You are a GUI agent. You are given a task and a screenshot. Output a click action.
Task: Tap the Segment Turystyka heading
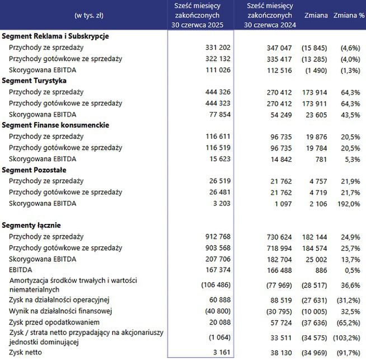[x=36, y=81]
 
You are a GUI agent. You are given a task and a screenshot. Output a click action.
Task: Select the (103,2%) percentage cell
[x=348, y=337]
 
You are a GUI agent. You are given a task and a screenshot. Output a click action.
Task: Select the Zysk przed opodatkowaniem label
[x=54, y=322]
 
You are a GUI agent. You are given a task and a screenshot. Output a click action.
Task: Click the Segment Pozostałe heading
[x=35, y=170]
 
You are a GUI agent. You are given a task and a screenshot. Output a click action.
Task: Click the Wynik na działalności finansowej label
[x=62, y=311]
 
